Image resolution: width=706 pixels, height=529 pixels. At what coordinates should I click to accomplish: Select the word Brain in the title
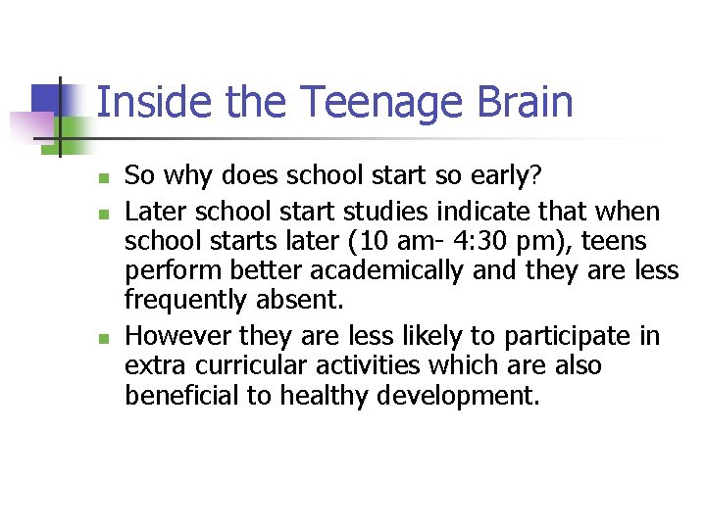(526, 103)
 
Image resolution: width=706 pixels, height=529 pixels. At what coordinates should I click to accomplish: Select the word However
(179, 336)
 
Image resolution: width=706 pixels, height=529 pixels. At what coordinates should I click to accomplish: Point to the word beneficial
(187, 397)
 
